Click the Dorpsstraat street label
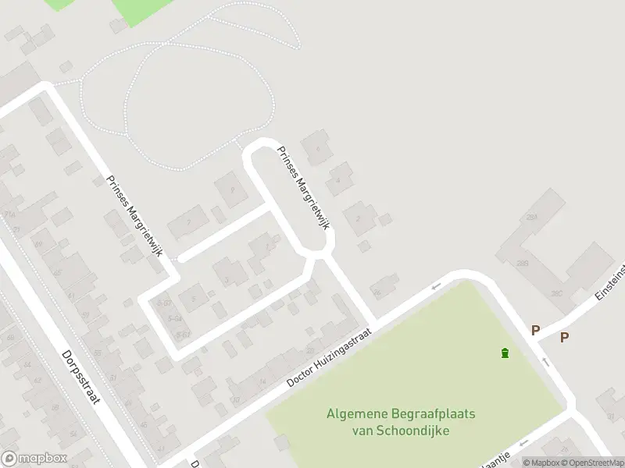(x=81, y=376)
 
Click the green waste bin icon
(x=505, y=353)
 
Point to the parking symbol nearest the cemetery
(x=535, y=331)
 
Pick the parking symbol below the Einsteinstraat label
(x=564, y=337)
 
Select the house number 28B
(x=523, y=263)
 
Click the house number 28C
(x=556, y=292)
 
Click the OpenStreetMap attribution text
(x=591, y=463)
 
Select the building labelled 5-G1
(x=164, y=302)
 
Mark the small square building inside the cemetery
(x=282, y=444)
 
